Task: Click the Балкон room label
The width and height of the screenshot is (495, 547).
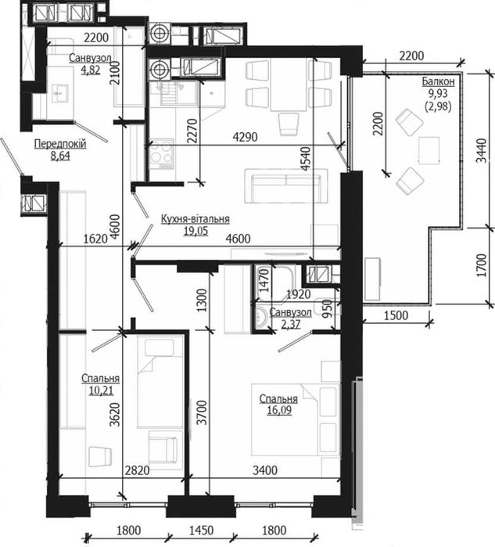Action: (x=438, y=81)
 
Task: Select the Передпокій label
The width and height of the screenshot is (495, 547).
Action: (x=60, y=144)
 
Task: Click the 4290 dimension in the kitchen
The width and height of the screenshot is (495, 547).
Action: (x=245, y=137)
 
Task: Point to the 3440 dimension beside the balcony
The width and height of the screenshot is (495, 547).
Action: (x=481, y=151)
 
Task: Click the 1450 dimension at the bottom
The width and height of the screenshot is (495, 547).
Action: (x=201, y=531)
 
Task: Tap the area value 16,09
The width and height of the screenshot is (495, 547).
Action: (x=279, y=410)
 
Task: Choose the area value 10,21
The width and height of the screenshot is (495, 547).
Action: (x=101, y=390)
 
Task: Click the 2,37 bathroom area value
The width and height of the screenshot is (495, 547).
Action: (x=291, y=324)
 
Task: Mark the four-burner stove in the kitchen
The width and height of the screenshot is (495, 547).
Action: (x=161, y=154)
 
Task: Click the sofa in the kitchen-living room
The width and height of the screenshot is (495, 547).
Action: (x=286, y=185)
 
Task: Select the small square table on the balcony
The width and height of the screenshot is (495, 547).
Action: (x=429, y=150)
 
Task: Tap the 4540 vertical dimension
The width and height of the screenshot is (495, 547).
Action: (x=306, y=158)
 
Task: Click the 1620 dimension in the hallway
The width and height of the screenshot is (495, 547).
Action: (x=95, y=239)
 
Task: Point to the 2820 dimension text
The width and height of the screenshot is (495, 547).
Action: (x=137, y=470)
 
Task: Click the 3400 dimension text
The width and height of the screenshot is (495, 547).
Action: (x=265, y=470)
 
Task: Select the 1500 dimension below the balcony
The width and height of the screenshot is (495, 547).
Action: (x=396, y=315)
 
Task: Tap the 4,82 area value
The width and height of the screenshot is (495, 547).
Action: (x=90, y=70)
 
